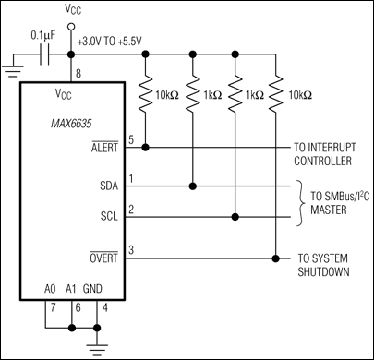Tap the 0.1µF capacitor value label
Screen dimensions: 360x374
pos(42,37)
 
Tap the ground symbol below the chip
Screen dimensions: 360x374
pos(96,343)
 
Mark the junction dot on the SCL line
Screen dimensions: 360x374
pos(237,219)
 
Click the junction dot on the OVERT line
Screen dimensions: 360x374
pos(275,257)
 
